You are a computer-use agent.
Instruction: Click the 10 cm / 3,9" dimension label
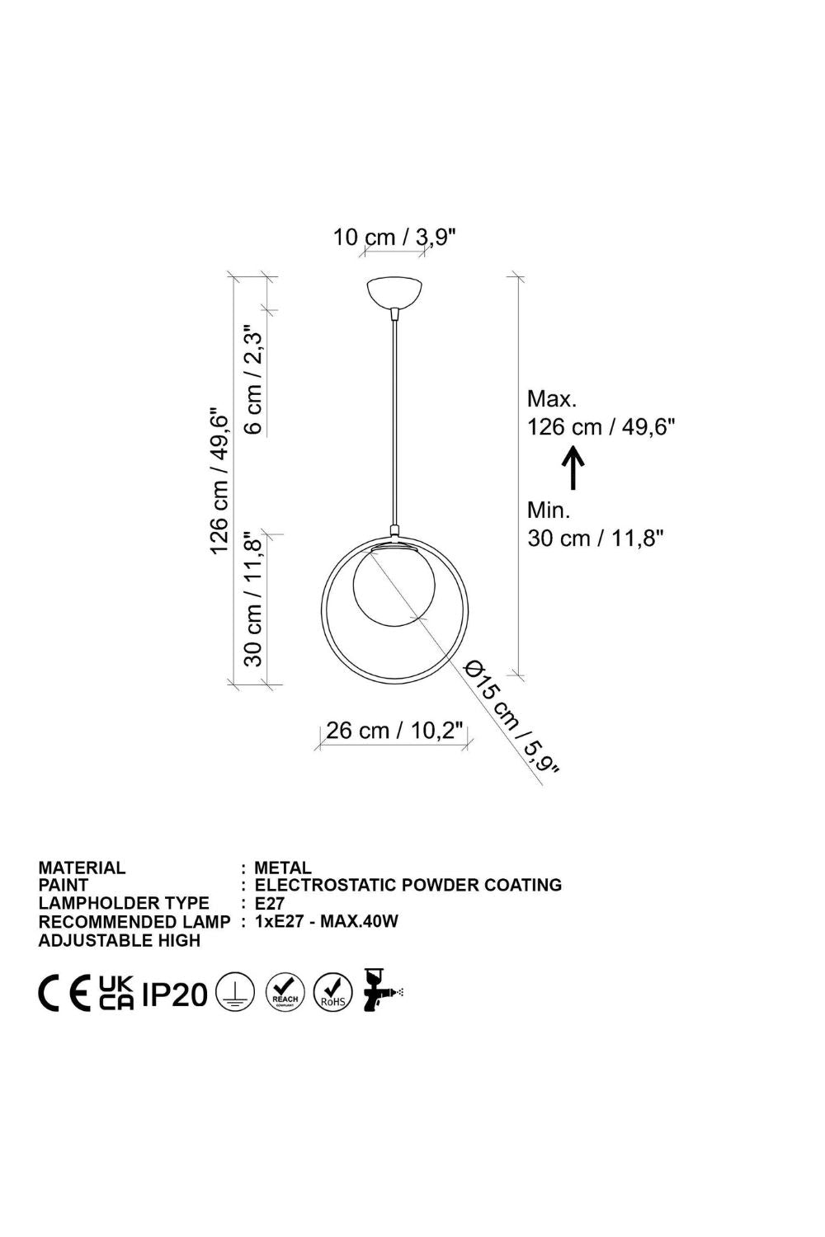coord(394,238)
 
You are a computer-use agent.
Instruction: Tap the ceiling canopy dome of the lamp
coord(394,293)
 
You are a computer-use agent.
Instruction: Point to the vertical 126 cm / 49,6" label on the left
coord(219,482)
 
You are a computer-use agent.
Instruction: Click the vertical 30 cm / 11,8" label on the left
coord(252,600)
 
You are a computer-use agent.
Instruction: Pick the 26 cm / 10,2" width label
coord(394,730)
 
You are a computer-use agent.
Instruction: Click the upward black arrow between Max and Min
coord(573,468)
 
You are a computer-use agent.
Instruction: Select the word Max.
coord(552,398)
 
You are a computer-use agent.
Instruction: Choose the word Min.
coord(549,510)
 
